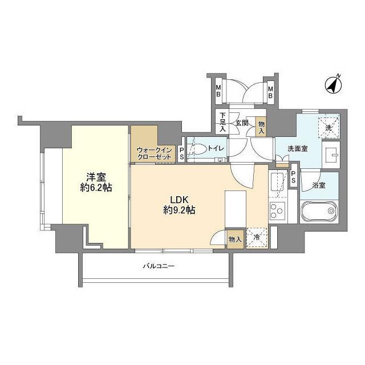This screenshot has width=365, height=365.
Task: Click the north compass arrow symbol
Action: point(333,85)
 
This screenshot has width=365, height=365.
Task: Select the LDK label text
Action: point(178,200)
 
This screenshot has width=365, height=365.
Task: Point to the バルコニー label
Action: point(157,266)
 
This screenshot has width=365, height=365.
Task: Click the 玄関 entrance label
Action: point(241,123)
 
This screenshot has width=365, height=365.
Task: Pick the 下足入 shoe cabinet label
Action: point(223,122)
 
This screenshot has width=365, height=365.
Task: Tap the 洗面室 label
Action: point(297,148)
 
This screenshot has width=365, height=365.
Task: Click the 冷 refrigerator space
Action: point(257,238)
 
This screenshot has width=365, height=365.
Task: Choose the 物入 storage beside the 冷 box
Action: point(235,238)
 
